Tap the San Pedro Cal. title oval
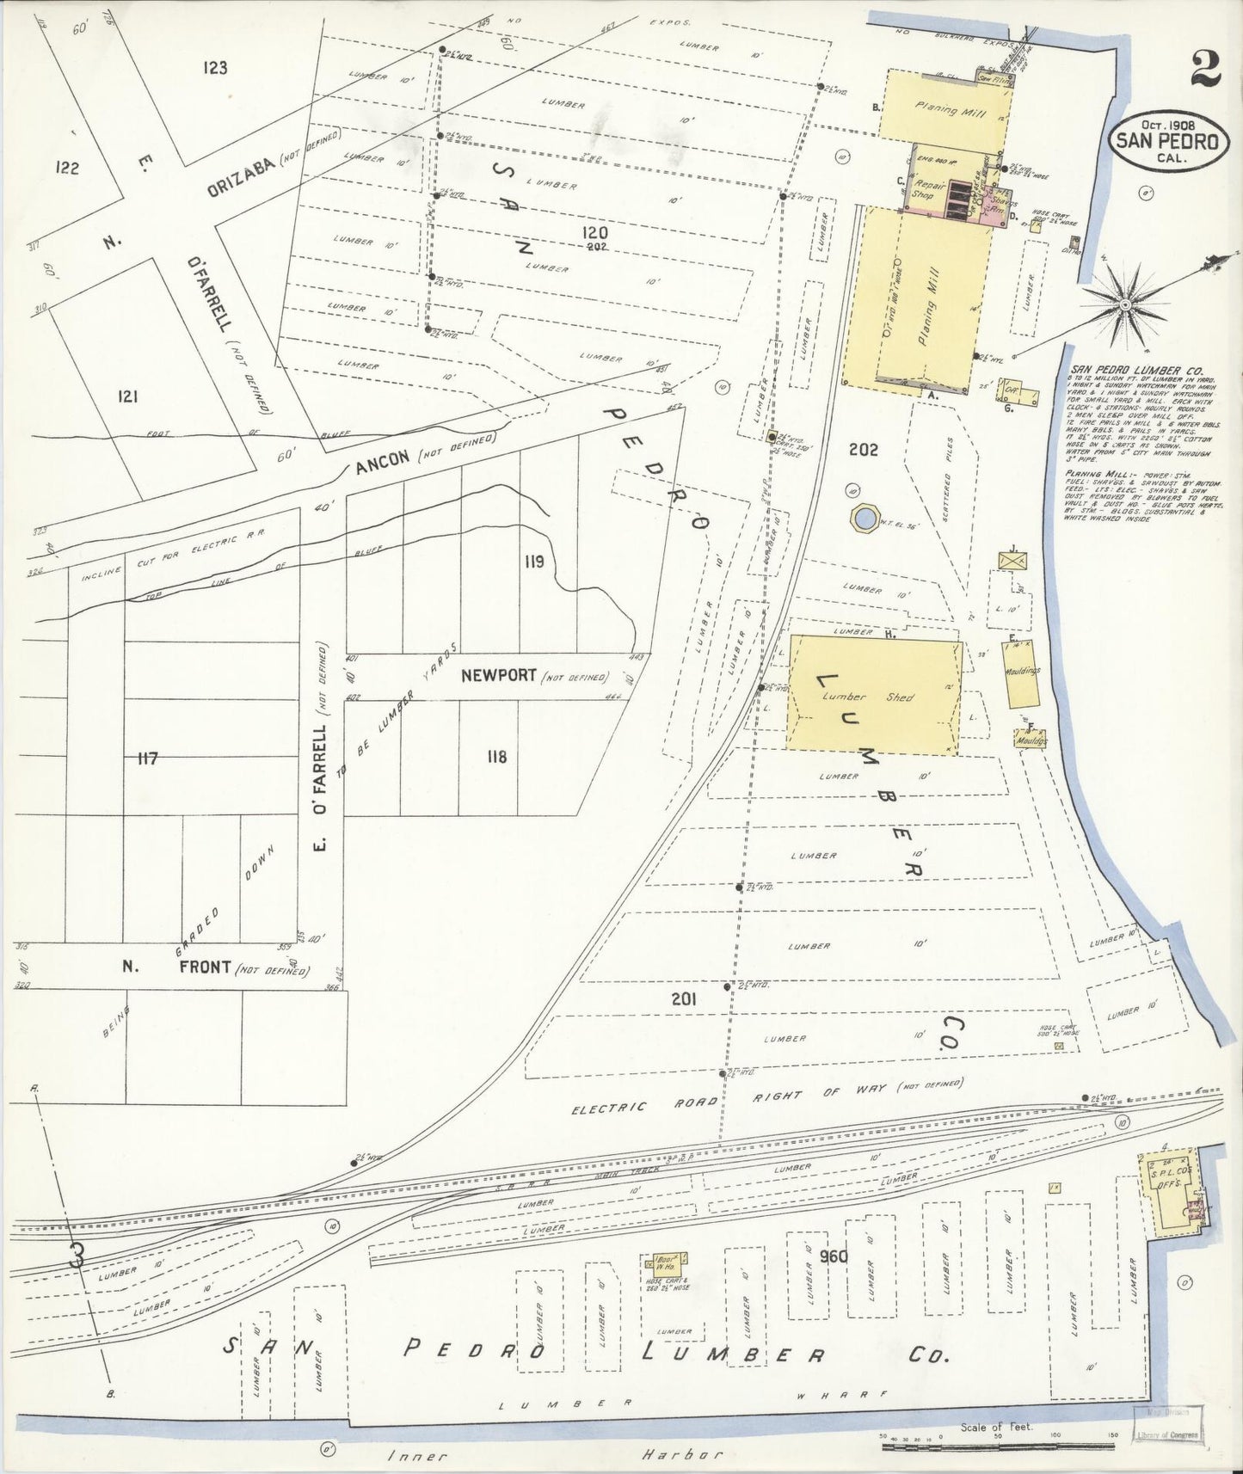point(1167,140)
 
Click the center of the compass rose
point(1124,304)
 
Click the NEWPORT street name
point(498,676)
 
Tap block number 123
point(215,67)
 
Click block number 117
point(147,758)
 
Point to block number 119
point(532,562)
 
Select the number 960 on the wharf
point(834,1256)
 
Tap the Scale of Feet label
point(997,1427)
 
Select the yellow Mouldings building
point(1022,670)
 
